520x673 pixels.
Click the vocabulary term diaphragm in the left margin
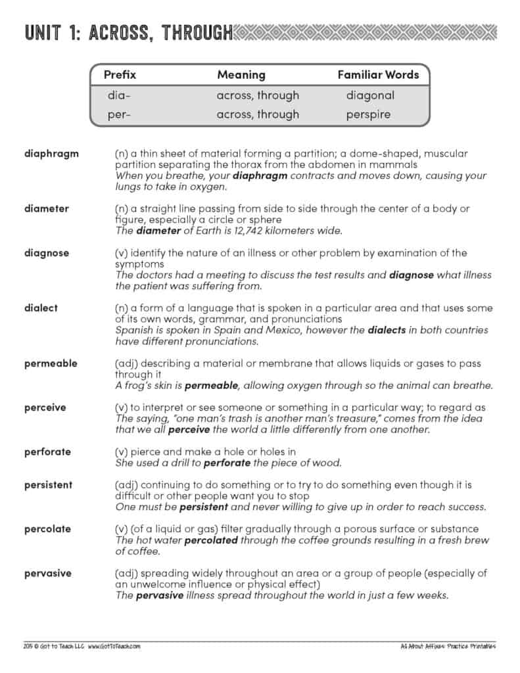tap(51, 154)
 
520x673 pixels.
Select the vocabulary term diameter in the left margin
tap(47, 209)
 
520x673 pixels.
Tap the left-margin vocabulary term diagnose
tap(47, 253)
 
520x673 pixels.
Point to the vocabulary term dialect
tap(41, 308)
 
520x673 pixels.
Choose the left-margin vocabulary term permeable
tap(51, 363)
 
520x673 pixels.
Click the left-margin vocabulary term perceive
tap(45, 407)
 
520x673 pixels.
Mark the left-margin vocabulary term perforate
tap(47, 452)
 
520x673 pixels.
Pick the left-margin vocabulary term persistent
tap(49, 485)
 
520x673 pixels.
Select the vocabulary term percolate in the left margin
tap(47, 529)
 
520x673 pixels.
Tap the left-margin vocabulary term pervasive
tap(48, 573)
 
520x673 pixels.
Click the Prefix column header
tap(120, 75)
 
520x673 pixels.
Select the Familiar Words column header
tap(378, 75)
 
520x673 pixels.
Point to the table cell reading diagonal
tap(370, 95)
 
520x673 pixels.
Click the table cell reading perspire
tap(368, 114)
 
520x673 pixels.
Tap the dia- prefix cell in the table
tap(119, 95)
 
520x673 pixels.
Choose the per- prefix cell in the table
tap(119, 114)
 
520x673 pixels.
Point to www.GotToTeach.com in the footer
tap(114, 646)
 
